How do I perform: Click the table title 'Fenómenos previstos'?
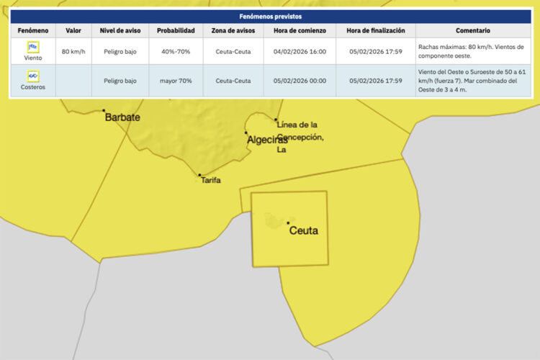pos(270,16)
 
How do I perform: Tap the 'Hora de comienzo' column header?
pos(300,31)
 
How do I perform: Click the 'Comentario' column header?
pos(472,31)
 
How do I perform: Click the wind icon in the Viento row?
pos(32,48)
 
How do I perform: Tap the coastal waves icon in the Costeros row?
pos(32,76)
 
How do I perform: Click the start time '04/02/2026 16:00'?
pos(300,52)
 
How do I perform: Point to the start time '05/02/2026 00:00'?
pos(300,81)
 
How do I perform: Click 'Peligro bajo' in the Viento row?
pos(120,52)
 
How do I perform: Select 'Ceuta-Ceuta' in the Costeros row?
pos(233,81)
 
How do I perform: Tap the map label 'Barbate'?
pos(122,117)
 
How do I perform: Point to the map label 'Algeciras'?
pos(267,140)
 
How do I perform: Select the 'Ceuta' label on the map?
pos(303,231)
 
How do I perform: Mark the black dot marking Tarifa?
pos(199,174)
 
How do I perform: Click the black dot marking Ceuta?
pos(288,223)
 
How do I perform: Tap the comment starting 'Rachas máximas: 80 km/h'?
pos(472,52)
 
